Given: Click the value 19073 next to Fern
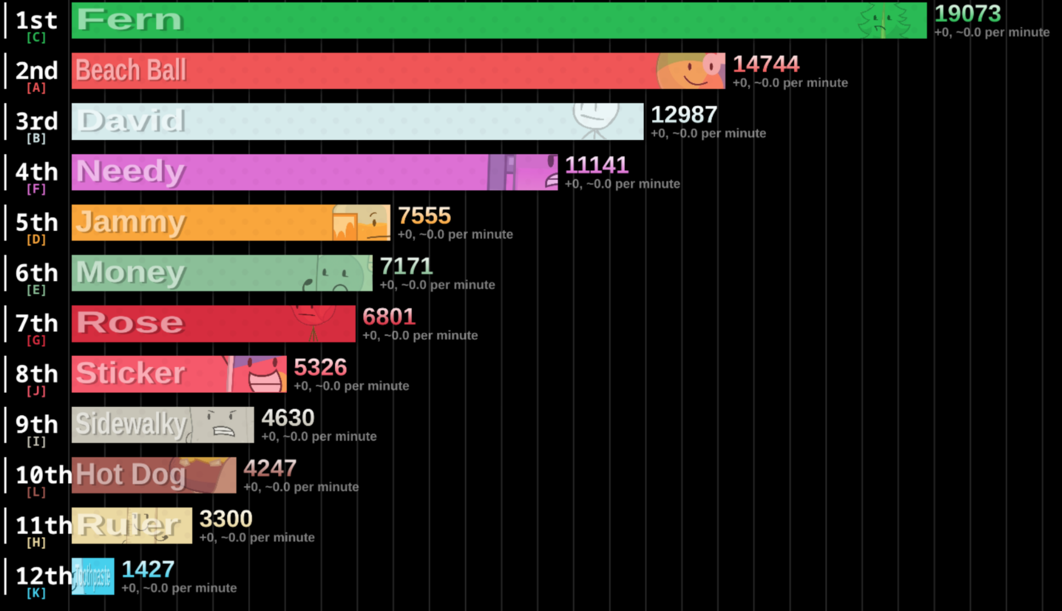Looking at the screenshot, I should tap(967, 14).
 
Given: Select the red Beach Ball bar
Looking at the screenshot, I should tap(397, 71).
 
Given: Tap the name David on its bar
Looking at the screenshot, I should tap(131, 121).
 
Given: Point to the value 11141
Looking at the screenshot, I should tap(596, 165).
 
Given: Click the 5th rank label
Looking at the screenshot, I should tap(36, 222).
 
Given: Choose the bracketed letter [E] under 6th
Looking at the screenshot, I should tap(36, 290).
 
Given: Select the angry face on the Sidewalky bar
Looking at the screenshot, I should tap(223, 424).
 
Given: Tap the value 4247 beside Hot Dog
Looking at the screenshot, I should tap(270, 469).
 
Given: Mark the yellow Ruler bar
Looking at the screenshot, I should tap(132, 526).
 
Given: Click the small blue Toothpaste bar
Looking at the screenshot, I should tap(93, 576).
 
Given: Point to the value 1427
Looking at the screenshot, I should tap(148, 570).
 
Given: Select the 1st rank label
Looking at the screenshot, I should tap(36, 20).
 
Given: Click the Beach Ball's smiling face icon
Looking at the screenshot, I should tap(690, 71).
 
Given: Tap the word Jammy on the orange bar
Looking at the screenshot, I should tap(131, 222).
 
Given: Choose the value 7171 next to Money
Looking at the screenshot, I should tap(406, 266).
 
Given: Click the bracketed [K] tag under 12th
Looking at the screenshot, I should tap(36, 593).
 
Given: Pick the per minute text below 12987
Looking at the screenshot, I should tap(708, 133).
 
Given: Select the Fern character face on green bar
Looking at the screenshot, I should tap(883, 22).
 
